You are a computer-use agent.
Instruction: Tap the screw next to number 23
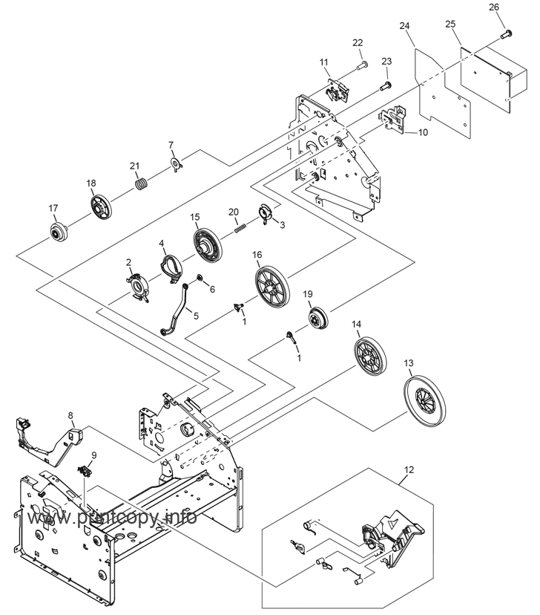tap(386, 87)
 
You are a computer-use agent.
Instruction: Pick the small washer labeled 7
tap(175, 163)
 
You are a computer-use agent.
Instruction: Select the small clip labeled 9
tap(86, 469)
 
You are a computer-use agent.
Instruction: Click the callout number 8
tap(70, 415)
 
